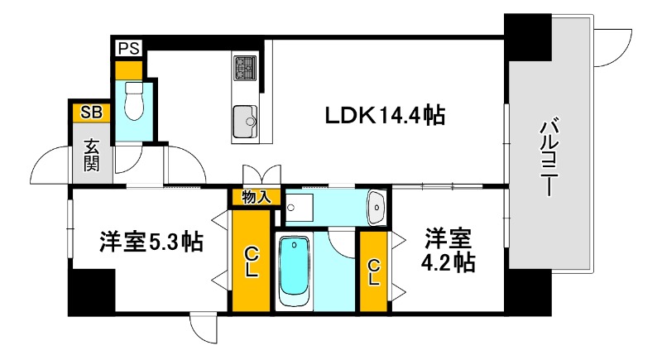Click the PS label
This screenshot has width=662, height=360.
pos(127,48)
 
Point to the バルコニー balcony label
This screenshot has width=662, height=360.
pos(548,158)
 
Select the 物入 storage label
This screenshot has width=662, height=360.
pos(256,197)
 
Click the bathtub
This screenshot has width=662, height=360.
pos(294,271)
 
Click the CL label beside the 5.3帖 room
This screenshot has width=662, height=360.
pos(252,262)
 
